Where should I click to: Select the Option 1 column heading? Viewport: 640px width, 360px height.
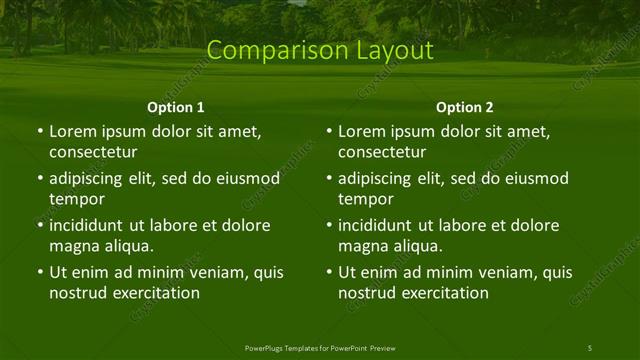point(176,107)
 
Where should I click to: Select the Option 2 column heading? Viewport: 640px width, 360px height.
point(465,107)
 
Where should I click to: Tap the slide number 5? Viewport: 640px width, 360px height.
point(589,347)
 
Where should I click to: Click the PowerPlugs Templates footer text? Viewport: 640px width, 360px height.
point(320,347)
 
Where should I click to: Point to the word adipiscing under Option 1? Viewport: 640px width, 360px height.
point(90,178)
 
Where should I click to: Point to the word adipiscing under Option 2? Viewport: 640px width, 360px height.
point(379,178)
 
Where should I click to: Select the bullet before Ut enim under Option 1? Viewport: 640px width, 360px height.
point(39,272)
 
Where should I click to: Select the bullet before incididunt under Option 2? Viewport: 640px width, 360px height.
point(328,225)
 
